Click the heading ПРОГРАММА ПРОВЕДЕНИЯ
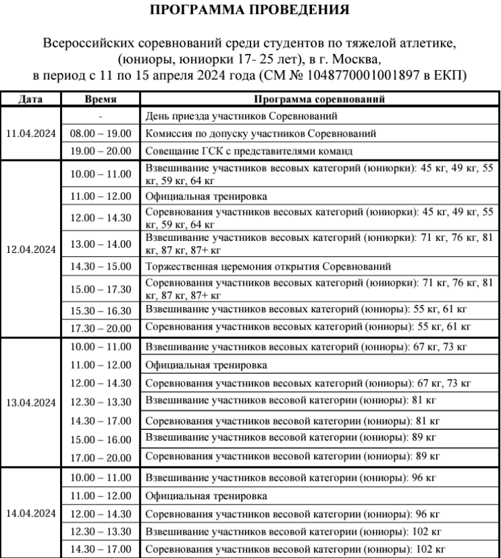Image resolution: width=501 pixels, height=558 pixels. click(250, 11)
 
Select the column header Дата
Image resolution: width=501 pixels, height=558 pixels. click(33, 99)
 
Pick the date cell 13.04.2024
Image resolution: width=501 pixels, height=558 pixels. click(33, 403)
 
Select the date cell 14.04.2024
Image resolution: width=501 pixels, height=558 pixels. click(33, 514)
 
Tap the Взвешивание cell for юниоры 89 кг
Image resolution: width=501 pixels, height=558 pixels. click(291, 438)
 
